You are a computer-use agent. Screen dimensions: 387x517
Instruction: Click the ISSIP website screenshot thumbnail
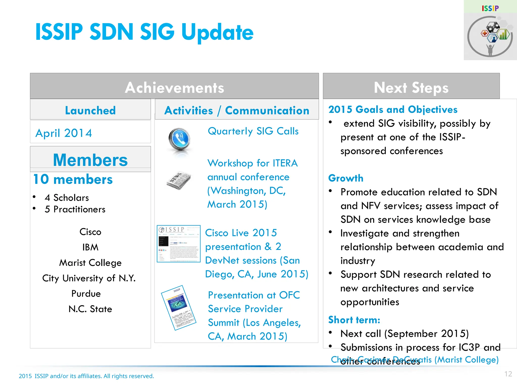click(178, 244)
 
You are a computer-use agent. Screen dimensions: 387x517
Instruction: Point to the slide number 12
click(508, 374)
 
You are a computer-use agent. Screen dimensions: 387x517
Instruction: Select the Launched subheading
click(90, 110)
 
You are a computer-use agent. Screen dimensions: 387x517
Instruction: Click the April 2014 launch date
click(64, 133)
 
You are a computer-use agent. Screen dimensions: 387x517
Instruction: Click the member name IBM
click(90, 247)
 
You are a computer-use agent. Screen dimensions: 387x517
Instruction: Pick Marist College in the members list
click(90, 263)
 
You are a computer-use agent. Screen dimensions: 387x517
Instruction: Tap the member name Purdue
click(86, 294)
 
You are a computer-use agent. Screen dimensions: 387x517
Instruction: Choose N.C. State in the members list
click(90, 309)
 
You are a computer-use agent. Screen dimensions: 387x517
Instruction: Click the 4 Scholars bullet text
click(67, 198)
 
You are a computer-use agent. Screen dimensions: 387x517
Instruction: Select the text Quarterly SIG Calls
click(253, 131)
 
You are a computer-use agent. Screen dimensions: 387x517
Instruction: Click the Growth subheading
click(346, 178)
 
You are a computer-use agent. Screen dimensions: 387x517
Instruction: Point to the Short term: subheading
click(354, 320)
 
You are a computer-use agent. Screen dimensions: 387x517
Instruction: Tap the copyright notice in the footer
click(86, 376)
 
